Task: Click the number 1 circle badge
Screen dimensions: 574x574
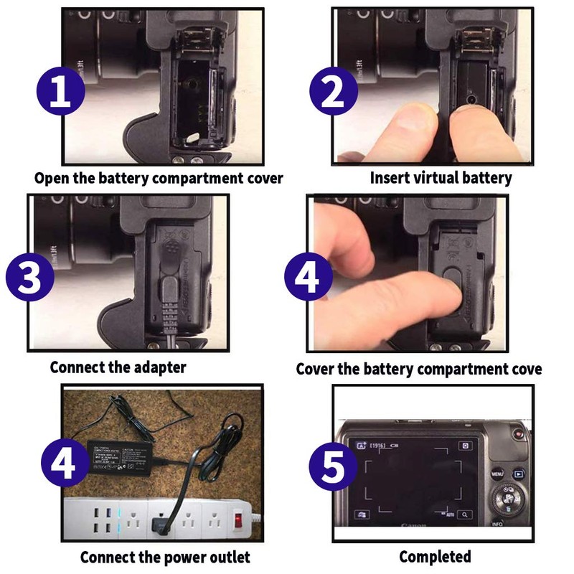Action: point(61,93)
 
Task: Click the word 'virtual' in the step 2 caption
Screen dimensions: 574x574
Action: point(436,177)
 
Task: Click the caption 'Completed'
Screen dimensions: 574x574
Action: point(435,557)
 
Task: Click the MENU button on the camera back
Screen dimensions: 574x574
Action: point(497,474)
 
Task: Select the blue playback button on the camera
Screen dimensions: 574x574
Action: point(519,474)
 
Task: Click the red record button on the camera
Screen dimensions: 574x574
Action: point(518,433)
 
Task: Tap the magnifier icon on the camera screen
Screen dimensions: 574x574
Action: point(466,514)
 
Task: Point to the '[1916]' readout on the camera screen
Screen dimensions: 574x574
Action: point(378,446)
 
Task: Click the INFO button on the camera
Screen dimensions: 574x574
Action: point(497,524)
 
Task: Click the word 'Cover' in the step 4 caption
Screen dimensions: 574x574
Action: point(316,369)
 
